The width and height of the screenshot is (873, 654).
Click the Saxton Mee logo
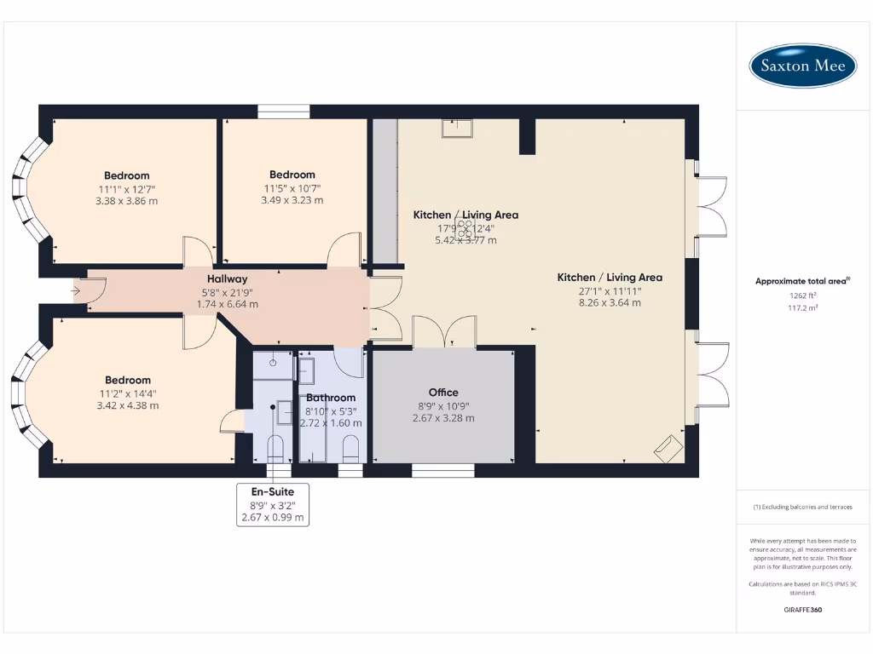(802, 66)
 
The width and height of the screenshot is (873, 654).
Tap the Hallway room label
(228, 278)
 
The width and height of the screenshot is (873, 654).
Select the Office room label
(443, 393)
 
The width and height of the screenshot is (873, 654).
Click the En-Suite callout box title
(272, 491)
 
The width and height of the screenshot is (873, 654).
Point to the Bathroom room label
(331, 398)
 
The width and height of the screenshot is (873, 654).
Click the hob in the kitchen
(465, 228)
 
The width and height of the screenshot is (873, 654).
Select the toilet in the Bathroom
(350, 448)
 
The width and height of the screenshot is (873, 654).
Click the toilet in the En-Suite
(275, 447)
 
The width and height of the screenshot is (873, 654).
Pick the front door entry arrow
(77, 291)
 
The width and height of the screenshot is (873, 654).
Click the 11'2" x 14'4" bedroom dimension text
(128, 393)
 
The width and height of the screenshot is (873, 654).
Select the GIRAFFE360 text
(802, 610)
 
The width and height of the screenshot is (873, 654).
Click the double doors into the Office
(443, 332)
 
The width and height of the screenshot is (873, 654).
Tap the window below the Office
(443, 470)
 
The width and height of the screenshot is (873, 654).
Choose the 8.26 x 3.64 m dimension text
(610, 302)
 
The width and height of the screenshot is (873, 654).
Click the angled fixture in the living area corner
(668, 448)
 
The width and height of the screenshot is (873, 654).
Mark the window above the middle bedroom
(284, 112)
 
